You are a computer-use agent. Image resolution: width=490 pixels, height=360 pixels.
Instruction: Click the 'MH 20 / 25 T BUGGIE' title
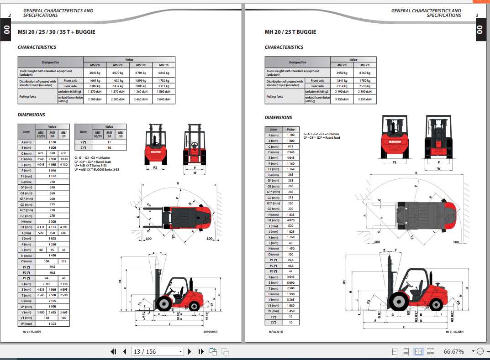point(290,32)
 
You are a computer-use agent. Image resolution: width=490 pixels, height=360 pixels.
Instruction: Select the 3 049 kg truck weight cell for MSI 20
point(95,73)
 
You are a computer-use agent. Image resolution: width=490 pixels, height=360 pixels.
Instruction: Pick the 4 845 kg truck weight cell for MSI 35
point(163,73)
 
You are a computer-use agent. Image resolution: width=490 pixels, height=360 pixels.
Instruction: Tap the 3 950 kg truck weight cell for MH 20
point(342,73)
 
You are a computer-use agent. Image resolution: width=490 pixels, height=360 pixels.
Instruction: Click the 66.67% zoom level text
point(453,351)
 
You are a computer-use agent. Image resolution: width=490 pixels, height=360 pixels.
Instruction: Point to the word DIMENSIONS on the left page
point(31,115)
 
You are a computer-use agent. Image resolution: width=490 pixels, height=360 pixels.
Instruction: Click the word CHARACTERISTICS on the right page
point(284,47)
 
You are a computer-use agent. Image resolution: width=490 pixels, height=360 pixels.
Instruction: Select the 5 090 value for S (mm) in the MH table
point(290,283)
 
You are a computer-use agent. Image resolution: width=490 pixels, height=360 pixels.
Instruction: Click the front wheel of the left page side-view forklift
point(163,304)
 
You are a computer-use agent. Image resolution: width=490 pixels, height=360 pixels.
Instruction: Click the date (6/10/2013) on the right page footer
point(276,332)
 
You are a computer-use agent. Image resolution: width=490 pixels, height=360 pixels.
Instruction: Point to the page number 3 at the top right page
point(477,16)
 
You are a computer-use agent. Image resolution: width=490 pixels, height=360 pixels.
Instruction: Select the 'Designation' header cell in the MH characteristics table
point(297,62)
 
